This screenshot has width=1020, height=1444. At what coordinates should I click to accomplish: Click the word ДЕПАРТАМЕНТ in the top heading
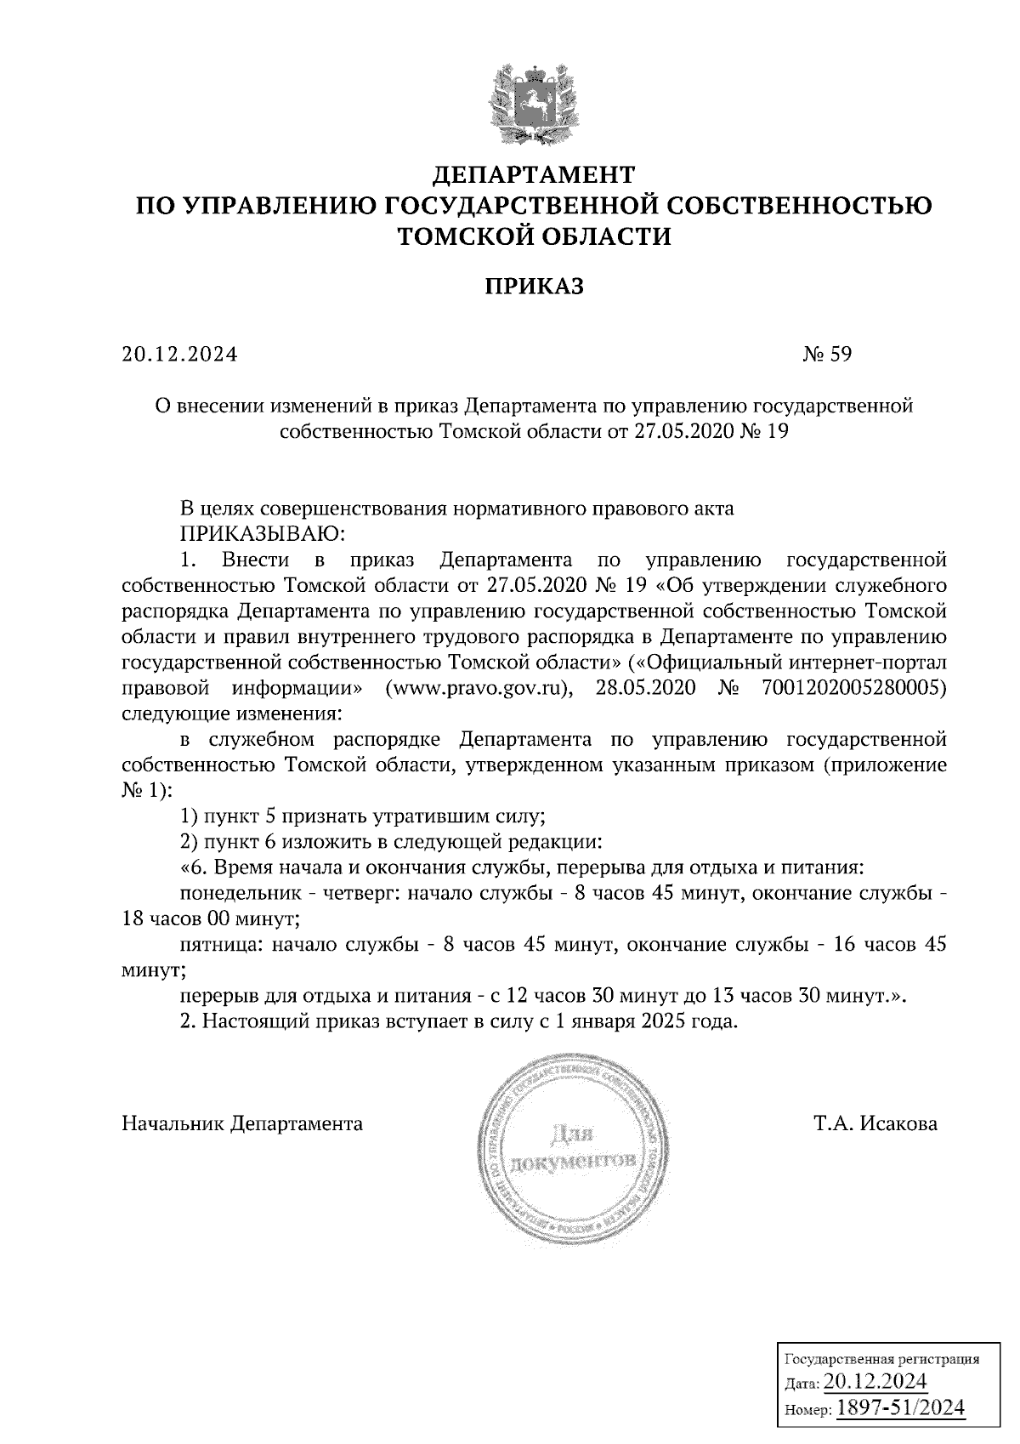point(534,175)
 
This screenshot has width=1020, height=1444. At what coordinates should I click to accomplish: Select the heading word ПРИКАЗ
point(534,287)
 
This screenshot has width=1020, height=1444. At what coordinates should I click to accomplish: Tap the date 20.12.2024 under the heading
point(179,354)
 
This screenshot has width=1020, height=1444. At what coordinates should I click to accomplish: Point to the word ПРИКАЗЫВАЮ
point(263,534)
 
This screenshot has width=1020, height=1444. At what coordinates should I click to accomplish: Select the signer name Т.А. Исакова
point(875,1123)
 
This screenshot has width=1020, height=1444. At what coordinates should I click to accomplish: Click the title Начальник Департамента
point(242,1123)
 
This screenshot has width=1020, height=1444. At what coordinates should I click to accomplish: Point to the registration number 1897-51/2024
point(901,1408)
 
